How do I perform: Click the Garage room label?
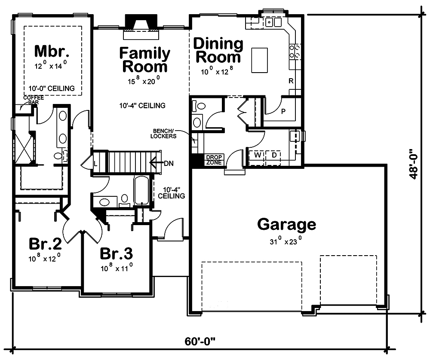click(286, 225)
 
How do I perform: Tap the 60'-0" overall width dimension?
click(200, 342)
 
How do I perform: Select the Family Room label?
click(144, 60)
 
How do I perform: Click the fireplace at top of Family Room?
click(140, 23)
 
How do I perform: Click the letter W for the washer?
click(258, 155)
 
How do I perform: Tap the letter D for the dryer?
click(274, 155)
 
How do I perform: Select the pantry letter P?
click(283, 112)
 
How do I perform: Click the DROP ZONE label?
click(213, 160)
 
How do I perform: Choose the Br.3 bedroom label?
click(116, 253)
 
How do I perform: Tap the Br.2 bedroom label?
click(45, 244)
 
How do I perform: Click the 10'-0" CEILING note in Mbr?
click(52, 88)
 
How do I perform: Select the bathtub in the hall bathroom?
click(141, 192)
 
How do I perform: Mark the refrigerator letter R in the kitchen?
click(290, 81)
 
